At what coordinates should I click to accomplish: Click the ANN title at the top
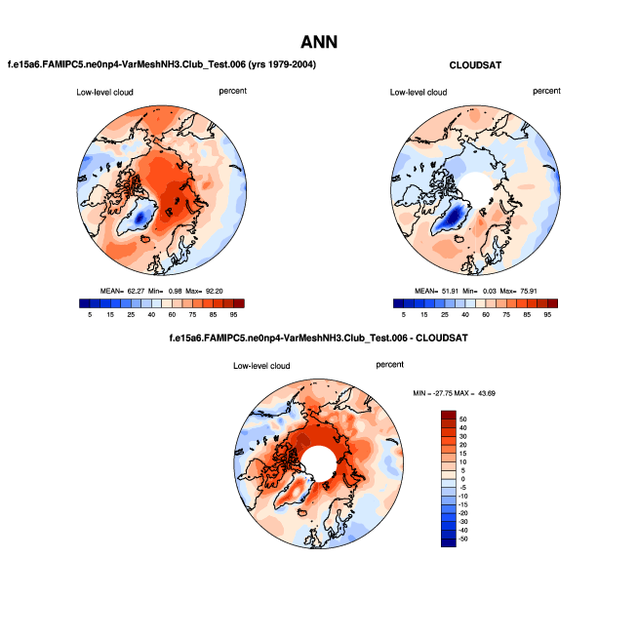coord(319,43)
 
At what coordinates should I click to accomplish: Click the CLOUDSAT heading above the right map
coord(475,64)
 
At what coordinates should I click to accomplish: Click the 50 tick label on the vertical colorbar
coord(463,418)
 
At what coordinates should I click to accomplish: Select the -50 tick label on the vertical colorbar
coord(462,539)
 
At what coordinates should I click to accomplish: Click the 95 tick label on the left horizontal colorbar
coord(235,315)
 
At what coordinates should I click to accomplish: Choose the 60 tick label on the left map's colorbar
coord(173,315)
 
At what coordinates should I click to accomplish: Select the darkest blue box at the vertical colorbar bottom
coord(448,541)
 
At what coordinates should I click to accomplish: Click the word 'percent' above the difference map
coord(389,364)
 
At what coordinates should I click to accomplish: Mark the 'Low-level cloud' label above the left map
coord(105,93)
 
